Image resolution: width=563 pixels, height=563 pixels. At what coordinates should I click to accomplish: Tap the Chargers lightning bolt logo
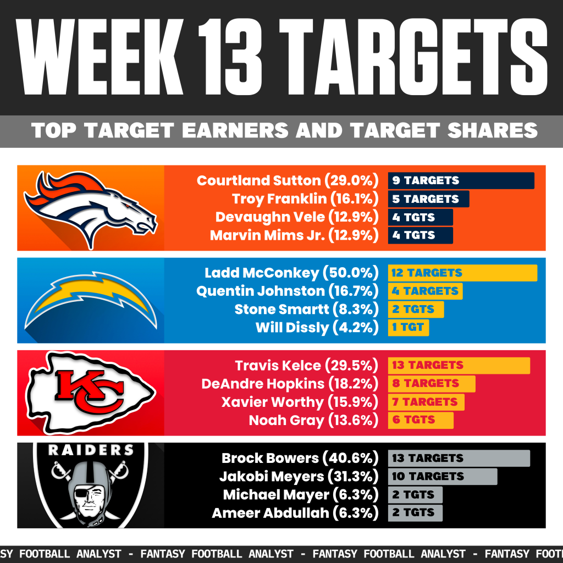[91, 300]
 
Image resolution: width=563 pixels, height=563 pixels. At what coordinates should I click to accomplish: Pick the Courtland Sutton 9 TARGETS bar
[461, 180]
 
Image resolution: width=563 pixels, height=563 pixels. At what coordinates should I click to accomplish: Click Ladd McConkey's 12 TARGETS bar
[462, 273]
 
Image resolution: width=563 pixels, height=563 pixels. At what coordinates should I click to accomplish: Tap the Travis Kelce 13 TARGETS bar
[459, 365]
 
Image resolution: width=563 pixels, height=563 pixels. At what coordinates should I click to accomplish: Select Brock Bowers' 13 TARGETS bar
[459, 458]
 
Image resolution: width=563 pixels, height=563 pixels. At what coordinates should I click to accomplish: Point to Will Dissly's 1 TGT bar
[408, 328]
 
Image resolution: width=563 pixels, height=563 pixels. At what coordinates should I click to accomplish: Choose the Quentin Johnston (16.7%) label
[288, 291]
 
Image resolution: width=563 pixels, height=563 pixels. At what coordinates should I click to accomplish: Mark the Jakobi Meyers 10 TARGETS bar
[442, 476]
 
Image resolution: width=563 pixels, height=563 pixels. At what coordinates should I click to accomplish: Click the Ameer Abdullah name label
[269, 513]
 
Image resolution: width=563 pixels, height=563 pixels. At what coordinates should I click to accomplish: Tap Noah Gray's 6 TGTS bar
[421, 420]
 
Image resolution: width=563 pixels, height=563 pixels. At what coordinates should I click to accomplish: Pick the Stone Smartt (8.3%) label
[306, 310]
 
